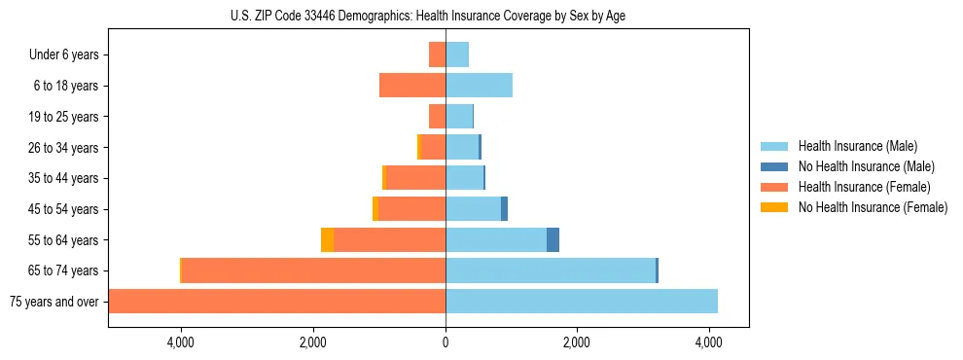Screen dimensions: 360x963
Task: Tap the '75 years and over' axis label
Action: tap(53, 302)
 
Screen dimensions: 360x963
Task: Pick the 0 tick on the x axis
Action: tap(446, 342)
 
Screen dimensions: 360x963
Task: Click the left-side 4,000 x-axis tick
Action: tap(181, 342)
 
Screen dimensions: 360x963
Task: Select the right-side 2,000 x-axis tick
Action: tap(577, 342)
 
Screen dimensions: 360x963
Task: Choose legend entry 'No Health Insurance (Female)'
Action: tap(873, 207)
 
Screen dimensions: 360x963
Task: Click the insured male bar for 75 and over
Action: tap(582, 302)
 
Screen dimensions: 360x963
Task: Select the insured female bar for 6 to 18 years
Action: tap(412, 86)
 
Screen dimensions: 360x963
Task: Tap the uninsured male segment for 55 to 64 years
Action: tap(553, 240)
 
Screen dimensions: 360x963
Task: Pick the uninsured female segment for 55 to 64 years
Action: tap(327, 240)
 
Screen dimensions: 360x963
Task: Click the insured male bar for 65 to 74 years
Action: tap(551, 270)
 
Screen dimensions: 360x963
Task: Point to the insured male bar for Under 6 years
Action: tap(457, 55)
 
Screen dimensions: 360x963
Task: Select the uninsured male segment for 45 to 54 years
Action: tap(504, 209)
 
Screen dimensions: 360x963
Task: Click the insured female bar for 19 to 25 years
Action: tap(437, 117)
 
